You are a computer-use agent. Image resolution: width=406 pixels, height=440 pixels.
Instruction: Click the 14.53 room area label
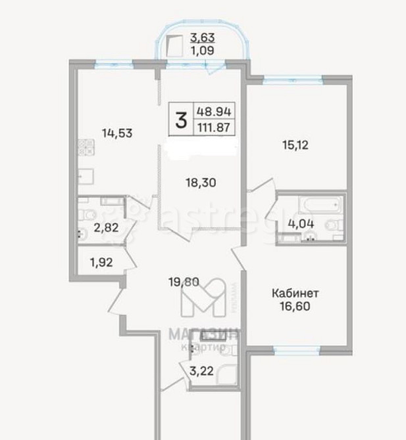pyautogui.click(x=118, y=133)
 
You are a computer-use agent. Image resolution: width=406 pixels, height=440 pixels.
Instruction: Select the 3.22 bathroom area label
pyautogui.click(x=201, y=371)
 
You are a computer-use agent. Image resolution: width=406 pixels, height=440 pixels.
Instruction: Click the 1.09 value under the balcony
pyautogui.click(x=202, y=49)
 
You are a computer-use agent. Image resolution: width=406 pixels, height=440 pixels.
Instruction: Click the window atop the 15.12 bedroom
pyautogui.click(x=293, y=79)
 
